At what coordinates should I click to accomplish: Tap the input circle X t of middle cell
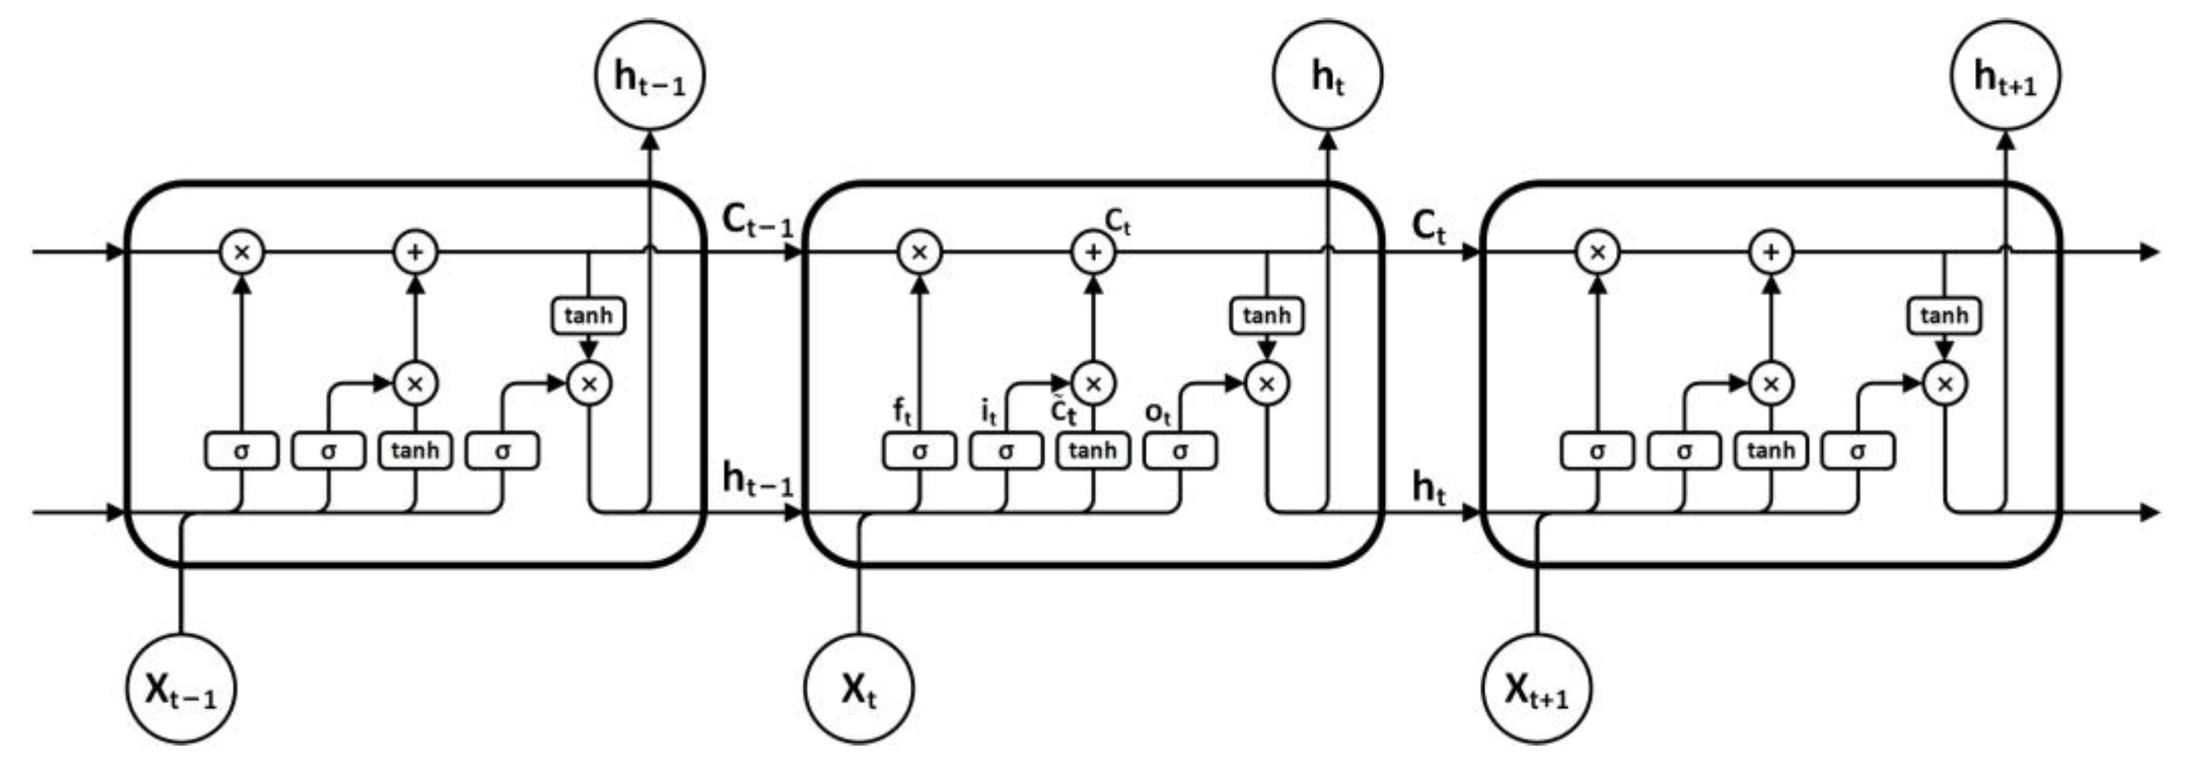[858, 689]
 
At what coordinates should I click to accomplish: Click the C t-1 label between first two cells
[758, 220]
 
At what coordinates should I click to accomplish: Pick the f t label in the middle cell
[902, 411]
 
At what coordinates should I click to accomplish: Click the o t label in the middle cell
[1158, 413]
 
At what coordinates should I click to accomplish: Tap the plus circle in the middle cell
[1094, 252]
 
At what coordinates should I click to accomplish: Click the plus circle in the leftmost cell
[415, 252]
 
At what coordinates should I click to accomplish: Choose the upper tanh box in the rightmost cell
[1944, 316]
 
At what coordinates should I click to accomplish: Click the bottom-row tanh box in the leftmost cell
[415, 450]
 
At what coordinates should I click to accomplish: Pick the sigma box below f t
[919, 450]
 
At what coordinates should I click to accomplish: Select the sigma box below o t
[1179, 450]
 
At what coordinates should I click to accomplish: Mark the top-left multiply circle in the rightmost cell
[1597, 252]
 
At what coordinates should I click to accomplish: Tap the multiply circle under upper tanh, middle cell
[1267, 384]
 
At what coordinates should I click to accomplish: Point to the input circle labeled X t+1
[1536, 689]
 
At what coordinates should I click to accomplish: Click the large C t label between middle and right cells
[1428, 226]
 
